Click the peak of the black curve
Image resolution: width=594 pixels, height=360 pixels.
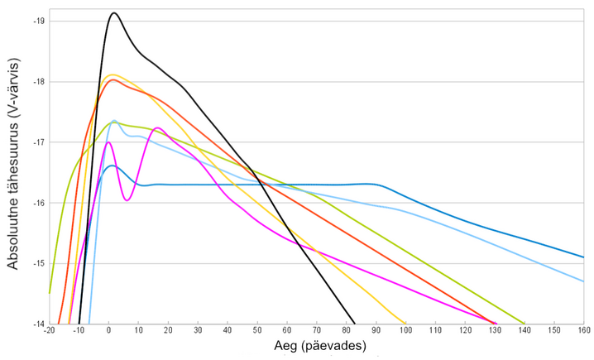(114, 13)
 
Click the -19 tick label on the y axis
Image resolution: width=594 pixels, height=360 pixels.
(38, 21)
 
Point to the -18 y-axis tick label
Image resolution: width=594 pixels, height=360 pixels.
(38, 81)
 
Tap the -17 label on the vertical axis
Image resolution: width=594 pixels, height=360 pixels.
(38, 142)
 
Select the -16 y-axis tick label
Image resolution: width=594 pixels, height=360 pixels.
(38, 203)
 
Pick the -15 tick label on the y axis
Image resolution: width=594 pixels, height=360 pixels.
(38, 263)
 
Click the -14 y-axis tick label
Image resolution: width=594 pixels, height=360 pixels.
(38, 324)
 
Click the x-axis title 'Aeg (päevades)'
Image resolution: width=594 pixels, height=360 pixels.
(318, 348)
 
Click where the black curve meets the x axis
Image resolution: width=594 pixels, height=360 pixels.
(355, 324)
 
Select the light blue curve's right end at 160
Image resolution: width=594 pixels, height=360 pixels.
(584, 281)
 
